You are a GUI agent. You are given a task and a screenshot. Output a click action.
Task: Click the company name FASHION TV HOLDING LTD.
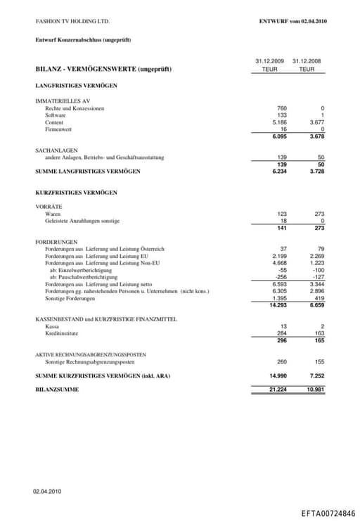72,22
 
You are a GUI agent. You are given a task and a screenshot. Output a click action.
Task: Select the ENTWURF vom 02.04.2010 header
292,22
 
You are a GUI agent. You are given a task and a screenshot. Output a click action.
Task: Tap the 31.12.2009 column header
270,61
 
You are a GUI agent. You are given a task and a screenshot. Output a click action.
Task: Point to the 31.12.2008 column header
307,61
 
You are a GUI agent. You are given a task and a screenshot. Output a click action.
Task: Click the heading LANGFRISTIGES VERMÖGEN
76,86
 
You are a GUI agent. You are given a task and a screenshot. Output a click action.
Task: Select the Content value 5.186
279,122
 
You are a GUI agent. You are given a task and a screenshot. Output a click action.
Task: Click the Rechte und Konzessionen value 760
282,108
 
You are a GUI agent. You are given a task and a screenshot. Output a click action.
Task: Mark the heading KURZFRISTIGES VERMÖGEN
76,192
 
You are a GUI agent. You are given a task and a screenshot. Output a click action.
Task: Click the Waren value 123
282,214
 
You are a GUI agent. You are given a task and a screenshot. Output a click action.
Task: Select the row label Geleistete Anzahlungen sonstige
82,221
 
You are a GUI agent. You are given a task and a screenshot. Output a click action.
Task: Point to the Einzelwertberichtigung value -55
283,270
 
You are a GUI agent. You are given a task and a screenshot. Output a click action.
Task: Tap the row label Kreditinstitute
62,333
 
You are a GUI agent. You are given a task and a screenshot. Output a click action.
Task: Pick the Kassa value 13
283,326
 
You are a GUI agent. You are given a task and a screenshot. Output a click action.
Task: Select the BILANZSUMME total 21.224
278,389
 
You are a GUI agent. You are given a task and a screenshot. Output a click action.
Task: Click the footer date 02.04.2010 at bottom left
48,491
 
